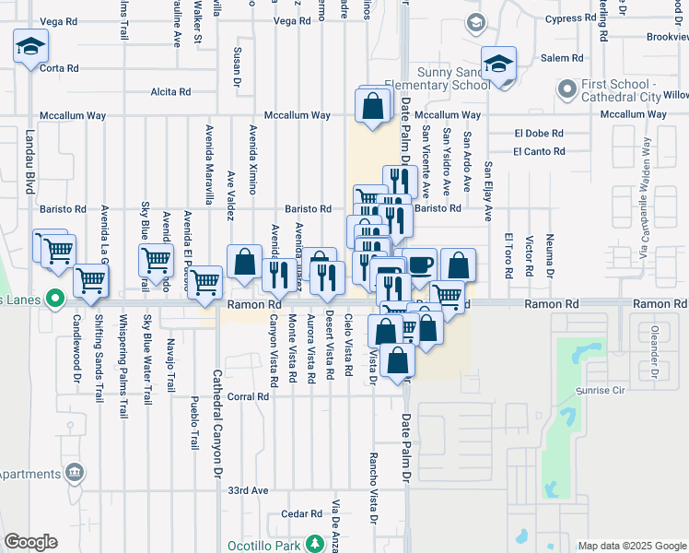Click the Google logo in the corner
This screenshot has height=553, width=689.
30,542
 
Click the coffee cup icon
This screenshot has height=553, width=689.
419,265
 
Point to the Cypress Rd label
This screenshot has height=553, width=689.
570,18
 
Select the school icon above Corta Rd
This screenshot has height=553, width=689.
30,46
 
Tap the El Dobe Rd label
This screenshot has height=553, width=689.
532,133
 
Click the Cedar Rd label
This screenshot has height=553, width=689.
300,514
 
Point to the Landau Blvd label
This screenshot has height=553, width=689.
41,166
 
